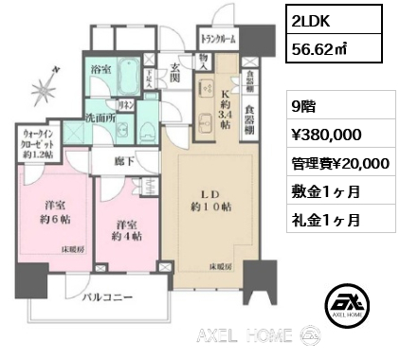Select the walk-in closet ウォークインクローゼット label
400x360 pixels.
coord(36,145)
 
